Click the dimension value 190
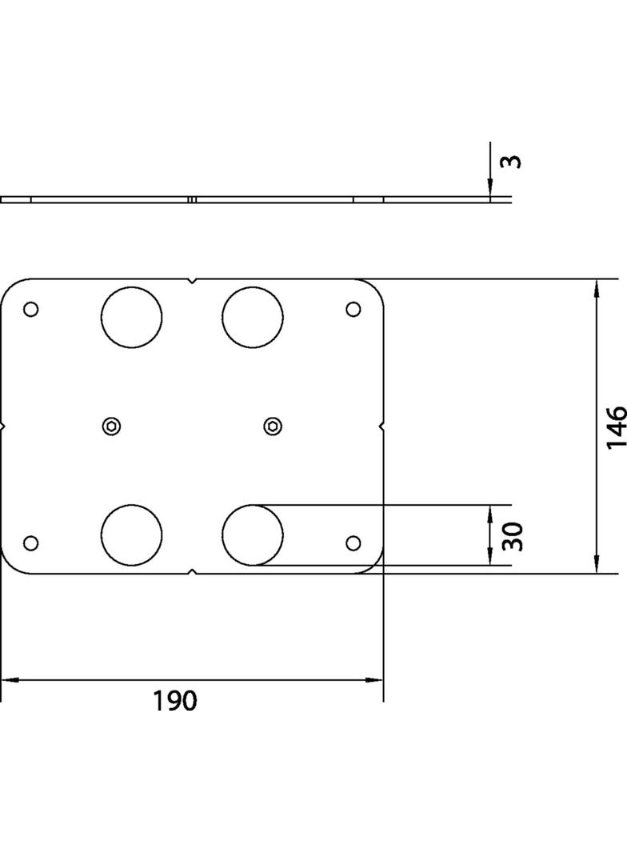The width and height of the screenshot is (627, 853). click(174, 701)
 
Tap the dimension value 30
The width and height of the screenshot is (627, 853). click(513, 536)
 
